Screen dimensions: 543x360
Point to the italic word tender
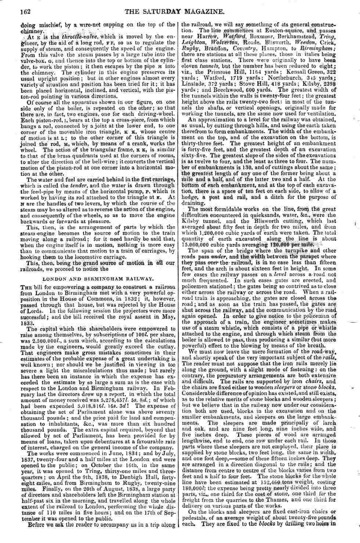coord(78,186)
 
